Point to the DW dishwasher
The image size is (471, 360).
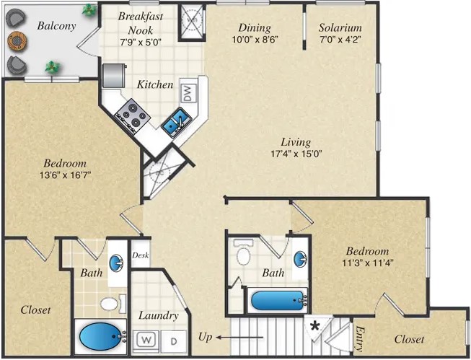point(187,92)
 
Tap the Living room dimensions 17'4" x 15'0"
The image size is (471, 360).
point(296,154)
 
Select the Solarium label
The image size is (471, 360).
point(340,28)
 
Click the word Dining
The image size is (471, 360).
point(255,28)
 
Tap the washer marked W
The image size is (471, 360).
point(146,339)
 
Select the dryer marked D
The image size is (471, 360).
point(173,339)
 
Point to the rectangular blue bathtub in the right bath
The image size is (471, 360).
point(277,299)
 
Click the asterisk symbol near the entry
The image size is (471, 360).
point(314,326)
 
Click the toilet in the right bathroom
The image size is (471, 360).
point(243,255)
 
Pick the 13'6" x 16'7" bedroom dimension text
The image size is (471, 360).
point(65,175)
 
